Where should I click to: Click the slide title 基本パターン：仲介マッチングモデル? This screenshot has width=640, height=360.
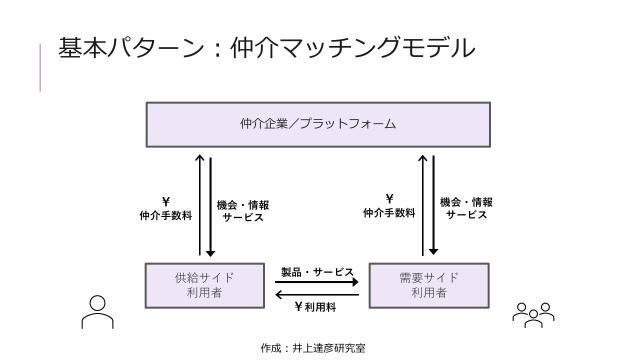click(265, 48)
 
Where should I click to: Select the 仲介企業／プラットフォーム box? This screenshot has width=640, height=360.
click(318, 125)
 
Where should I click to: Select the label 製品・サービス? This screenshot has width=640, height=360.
click(317, 272)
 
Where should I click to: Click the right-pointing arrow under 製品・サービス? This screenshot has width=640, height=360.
click(317, 282)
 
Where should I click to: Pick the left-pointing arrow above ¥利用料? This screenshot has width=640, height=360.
click(317, 294)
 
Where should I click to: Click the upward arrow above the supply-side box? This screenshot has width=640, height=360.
click(200, 205)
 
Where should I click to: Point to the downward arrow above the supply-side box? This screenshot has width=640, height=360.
click(210, 205)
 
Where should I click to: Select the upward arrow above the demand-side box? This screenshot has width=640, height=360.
click(424, 205)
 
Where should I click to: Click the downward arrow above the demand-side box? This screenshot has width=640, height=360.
click(434, 205)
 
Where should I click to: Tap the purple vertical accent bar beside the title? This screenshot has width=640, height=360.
click(40, 69)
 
